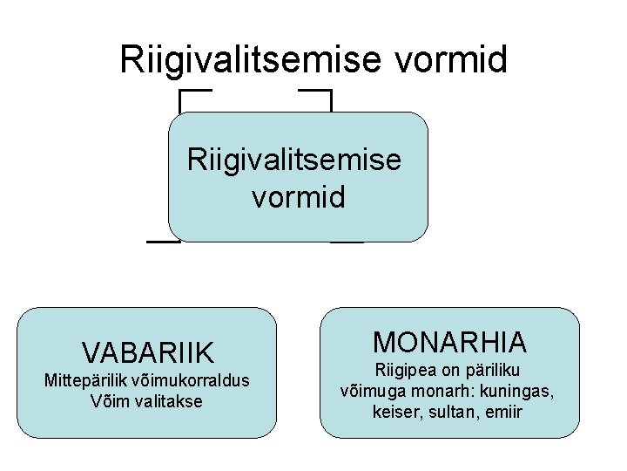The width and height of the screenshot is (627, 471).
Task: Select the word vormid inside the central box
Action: (299, 196)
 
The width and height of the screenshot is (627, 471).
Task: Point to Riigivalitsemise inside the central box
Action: (294, 160)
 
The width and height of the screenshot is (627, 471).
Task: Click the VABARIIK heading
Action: (147, 352)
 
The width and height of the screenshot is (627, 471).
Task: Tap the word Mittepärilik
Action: (82, 381)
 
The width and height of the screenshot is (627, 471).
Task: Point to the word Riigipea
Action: (402, 371)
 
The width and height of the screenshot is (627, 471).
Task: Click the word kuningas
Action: (517, 391)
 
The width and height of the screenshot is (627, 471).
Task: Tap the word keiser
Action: (394, 411)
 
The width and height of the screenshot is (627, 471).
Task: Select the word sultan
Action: (445, 411)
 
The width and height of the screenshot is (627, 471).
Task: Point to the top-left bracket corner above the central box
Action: (181, 91)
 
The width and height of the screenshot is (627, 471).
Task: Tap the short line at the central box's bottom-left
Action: (161, 241)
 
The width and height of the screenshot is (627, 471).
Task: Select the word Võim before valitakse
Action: (109, 401)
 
